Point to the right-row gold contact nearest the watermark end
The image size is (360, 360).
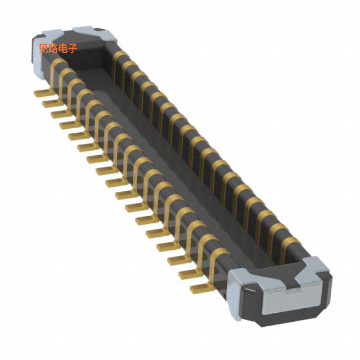118,56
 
